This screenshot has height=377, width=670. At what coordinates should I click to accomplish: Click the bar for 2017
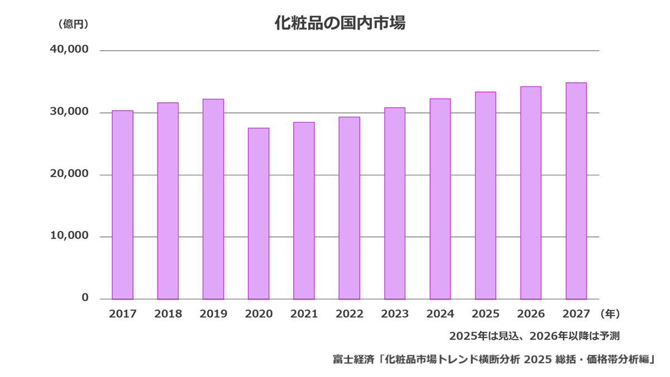coord(122,204)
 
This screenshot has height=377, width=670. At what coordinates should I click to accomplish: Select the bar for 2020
coord(259,213)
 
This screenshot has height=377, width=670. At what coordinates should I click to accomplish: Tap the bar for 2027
coord(576,190)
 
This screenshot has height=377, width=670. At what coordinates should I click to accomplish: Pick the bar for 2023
coord(395,203)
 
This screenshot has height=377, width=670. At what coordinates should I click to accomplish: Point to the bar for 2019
coord(213,199)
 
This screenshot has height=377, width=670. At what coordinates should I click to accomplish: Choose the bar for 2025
coord(485,195)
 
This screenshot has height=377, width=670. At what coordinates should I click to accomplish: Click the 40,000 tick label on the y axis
coord(69,49)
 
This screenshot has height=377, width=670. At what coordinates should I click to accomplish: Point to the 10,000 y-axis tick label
coord(69,236)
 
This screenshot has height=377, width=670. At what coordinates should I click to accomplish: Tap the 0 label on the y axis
coord(85,298)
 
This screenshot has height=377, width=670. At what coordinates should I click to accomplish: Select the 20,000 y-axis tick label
coord(69,174)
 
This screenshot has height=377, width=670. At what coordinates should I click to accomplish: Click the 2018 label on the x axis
coord(168,314)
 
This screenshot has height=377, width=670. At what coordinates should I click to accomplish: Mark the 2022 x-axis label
coord(350,314)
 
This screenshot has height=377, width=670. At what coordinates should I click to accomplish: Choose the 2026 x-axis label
coord(530,314)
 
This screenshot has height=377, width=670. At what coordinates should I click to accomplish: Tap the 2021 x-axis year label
coord(304,314)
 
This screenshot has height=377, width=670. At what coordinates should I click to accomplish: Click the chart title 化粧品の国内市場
coord(339,23)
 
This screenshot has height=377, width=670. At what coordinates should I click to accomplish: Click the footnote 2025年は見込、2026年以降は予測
coord(534,336)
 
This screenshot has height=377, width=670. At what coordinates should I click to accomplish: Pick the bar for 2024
coord(440,199)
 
